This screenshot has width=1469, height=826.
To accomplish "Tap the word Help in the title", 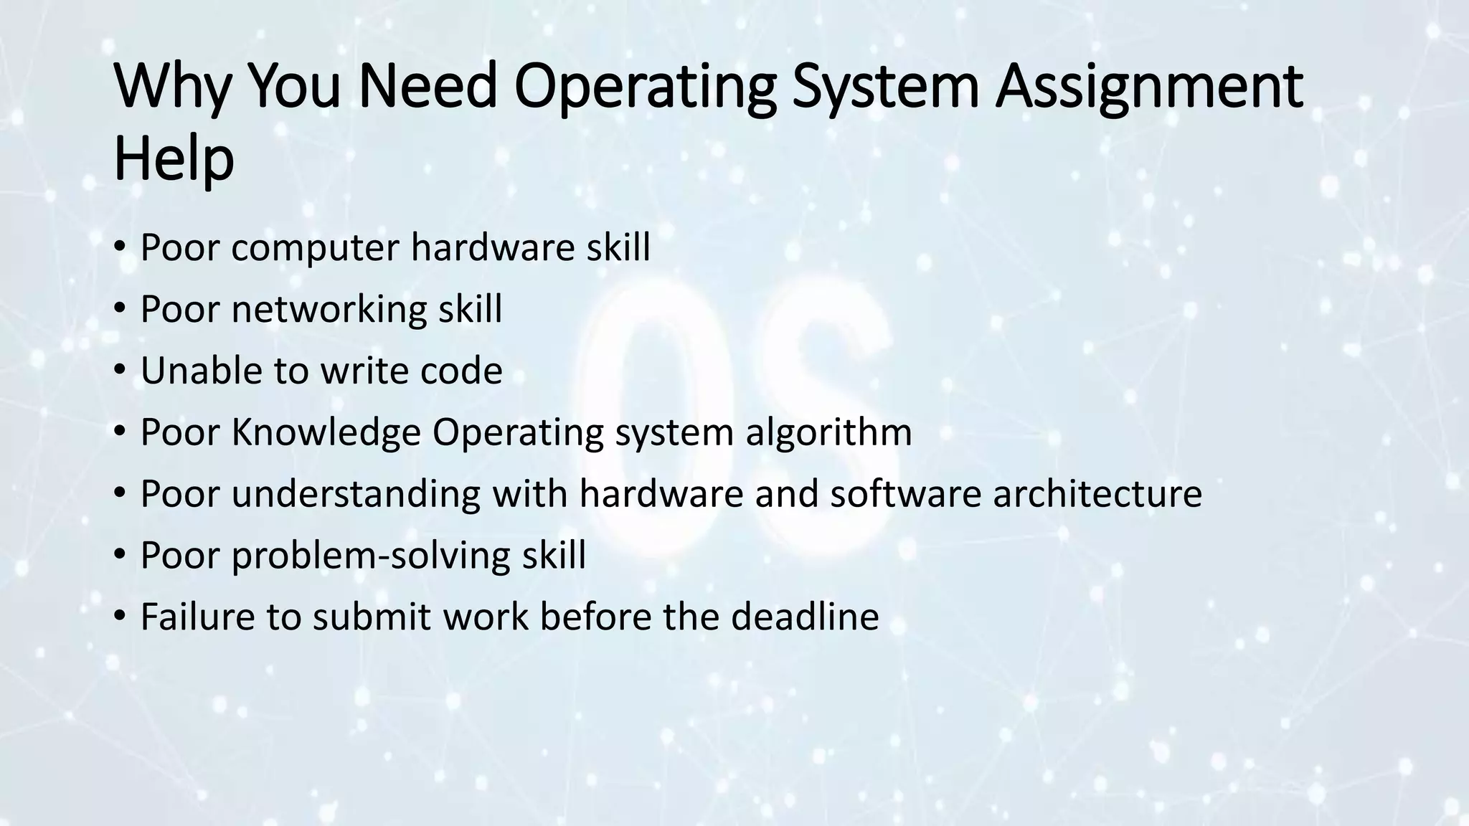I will coord(174,159).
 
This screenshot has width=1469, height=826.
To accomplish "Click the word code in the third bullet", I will coord(461,371).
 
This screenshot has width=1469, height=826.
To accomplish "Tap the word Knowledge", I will coord(326,432).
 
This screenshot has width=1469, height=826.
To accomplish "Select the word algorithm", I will coord(828,432).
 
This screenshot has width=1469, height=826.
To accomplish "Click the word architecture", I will coord(1097,493).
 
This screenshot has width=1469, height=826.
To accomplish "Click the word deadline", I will coord(805,617).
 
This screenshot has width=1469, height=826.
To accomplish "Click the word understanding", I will coord(356,493).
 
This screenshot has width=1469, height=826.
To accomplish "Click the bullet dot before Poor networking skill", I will coord(120,310).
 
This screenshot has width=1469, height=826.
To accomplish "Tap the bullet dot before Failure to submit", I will coord(120,617).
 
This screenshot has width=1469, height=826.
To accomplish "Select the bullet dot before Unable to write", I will coord(120,371).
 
